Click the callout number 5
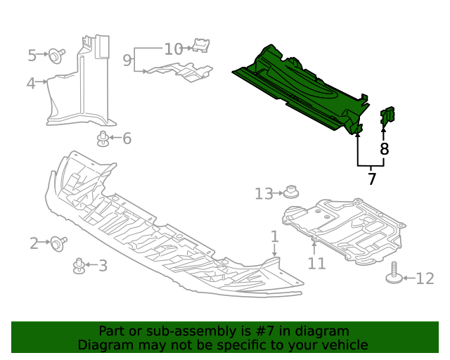pos(32,55)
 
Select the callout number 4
pos(31,84)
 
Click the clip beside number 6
pos(103,139)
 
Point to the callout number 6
pos(127,139)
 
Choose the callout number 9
pos(127,60)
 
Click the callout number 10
pos(173,49)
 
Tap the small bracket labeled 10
pos(201,46)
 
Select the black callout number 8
pos(384,149)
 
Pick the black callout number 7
pos(372,179)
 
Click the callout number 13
pos(264,193)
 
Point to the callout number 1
pos(274,236)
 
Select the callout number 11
pos(317,263)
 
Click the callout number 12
pos(425,279)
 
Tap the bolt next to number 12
pos(395,274)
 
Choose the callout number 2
pos(34,244)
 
